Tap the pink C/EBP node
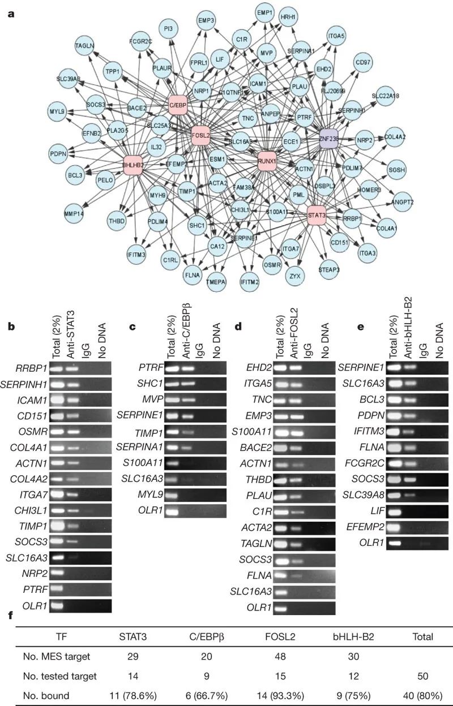178,105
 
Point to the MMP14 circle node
75,214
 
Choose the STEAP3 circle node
330,270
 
